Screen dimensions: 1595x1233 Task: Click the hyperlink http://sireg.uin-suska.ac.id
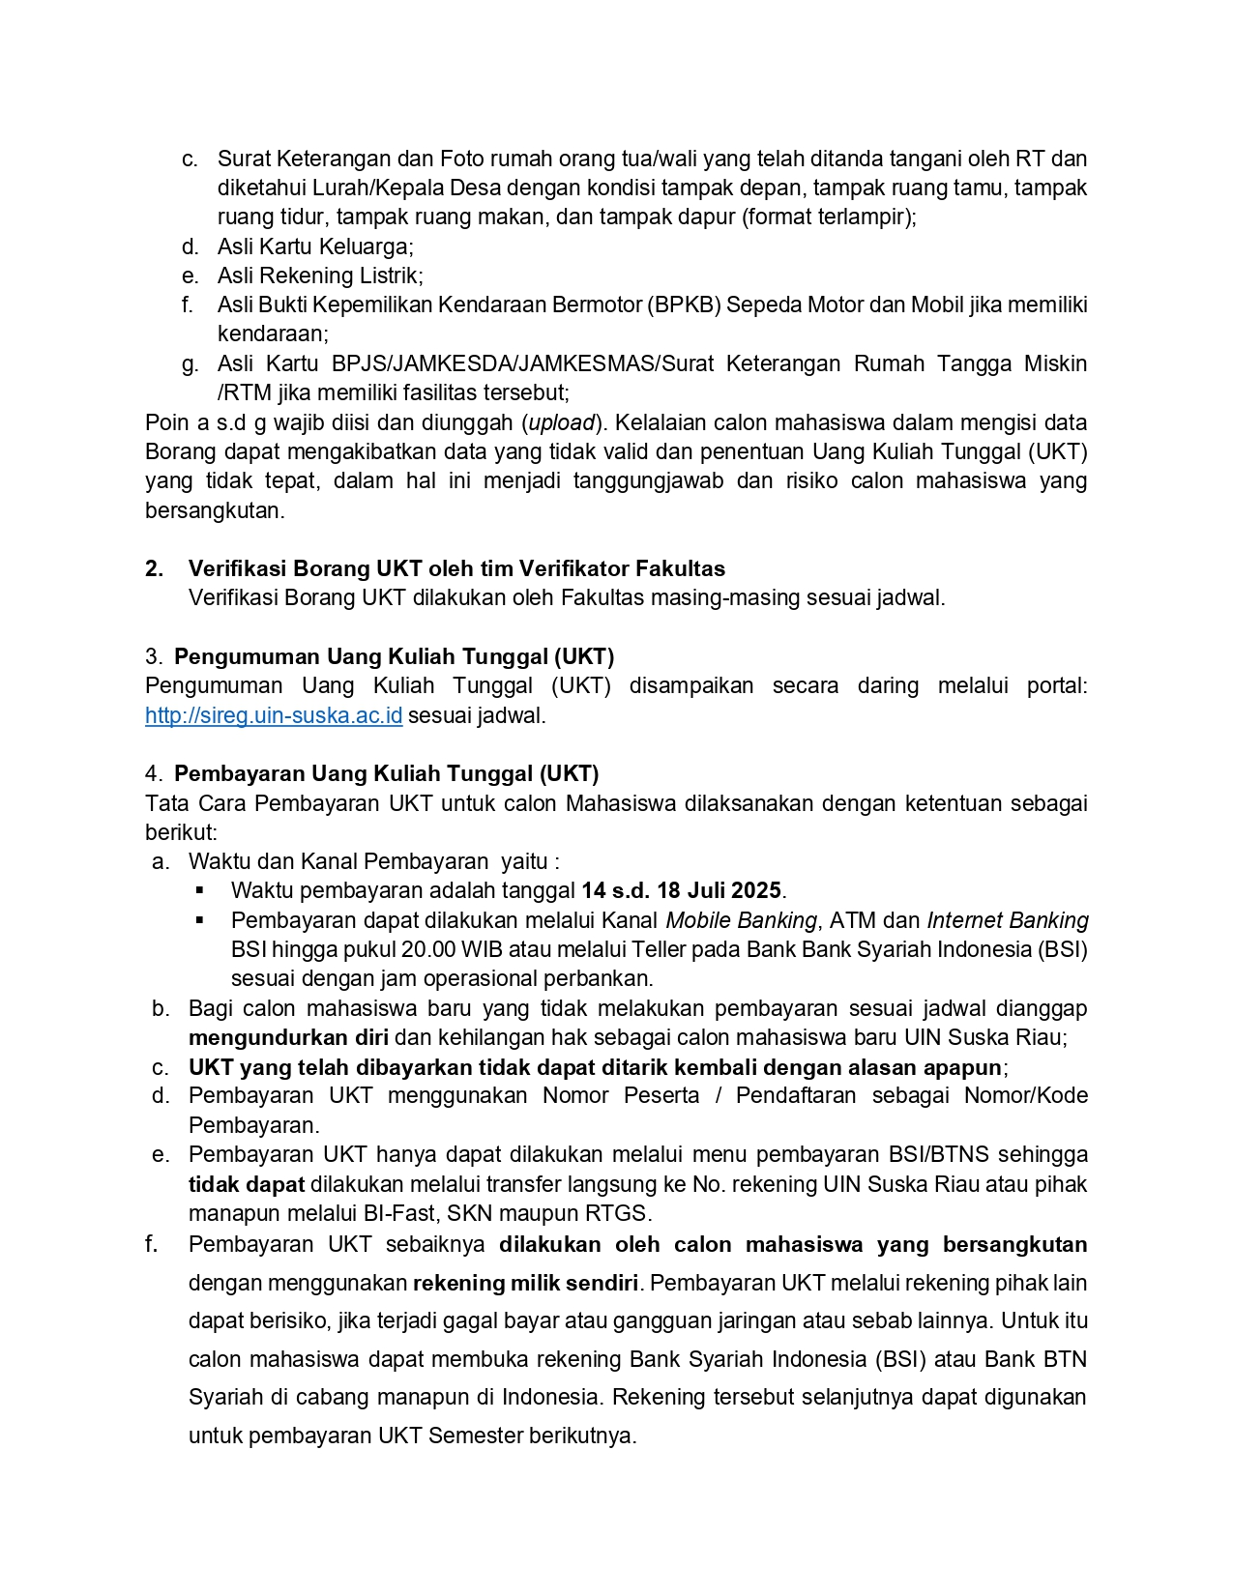point(274,716)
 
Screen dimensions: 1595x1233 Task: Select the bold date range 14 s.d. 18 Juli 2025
point(681,891)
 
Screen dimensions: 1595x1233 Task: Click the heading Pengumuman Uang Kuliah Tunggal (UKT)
point(394,657)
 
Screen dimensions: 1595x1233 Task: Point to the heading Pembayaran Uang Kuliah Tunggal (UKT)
point(386,774)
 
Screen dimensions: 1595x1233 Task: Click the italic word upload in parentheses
point(561,423)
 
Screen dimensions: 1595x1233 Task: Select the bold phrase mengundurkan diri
point(288,1038)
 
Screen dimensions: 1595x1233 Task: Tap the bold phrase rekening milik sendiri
point(525,1284)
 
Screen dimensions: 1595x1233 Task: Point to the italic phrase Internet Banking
point(1007,921)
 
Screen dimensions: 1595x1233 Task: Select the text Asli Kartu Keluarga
point(314,246)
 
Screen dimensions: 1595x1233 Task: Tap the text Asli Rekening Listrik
point(319,276)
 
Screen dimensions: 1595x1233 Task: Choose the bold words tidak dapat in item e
point(246,1185)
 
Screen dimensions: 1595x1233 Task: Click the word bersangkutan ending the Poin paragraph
point(214,511)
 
